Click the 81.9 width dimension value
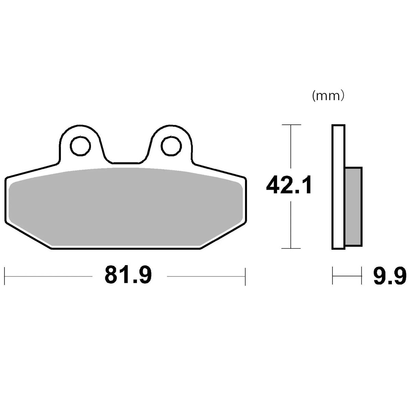tap(128, 275)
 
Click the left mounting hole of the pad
tap(81, 146)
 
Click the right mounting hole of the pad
tap(171, 146)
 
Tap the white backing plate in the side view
tap(338, 187)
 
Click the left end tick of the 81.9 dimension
tap(4, 276)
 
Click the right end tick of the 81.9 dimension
tap(245, 276)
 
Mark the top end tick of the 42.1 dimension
tap(290, 125)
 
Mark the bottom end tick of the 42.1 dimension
tap(290, 248)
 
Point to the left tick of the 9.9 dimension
tap(332, 276)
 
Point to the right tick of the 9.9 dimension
tap(361, 276)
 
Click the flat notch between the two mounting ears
tap(126, 163)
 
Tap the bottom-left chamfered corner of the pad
tap(29, 236)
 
